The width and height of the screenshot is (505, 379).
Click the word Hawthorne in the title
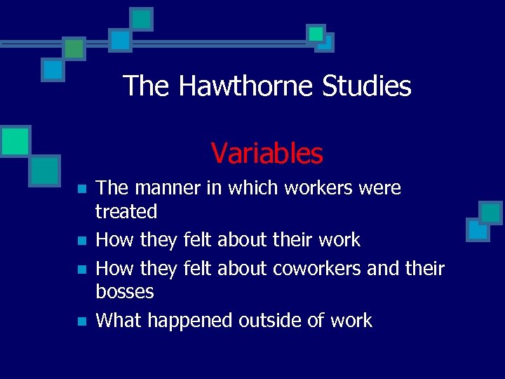(x=246, y=86)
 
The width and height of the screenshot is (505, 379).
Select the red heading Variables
(x=267, y=153)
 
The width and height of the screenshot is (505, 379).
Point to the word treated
(x=126, y=211)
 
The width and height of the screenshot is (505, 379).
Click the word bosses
(x=125, y=291)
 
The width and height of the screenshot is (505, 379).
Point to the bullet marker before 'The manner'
(x=81, y=189)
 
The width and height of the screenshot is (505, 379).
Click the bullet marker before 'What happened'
(x=81, y=322)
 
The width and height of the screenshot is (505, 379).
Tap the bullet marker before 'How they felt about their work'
(x=81, y=241)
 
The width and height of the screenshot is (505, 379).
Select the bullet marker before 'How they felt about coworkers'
(x=81, y=270)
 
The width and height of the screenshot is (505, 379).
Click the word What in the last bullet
(x=118, y=321)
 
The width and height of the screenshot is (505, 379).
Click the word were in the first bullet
(x=378, y=188)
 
